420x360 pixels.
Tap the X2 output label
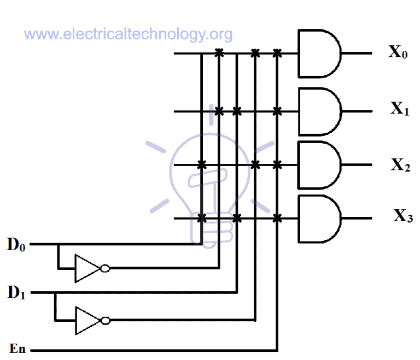click(400, 164)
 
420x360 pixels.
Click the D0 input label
click(16, 244)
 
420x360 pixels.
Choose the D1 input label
click(16, 292)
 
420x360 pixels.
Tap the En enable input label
click(17, 349)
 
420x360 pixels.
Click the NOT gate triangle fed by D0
click(86, 268)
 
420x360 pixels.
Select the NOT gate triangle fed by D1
click(86, 320)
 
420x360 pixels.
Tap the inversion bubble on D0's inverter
click(104, 268)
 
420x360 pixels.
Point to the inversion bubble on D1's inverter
click(104, 320)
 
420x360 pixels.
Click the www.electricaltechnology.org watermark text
click(129, 34)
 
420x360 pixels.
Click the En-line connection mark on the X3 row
click(277, 219)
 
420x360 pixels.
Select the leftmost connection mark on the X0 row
click(219, 53)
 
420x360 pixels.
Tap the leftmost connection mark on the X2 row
click(201, 164)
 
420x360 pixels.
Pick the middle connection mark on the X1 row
click(237, 111)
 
